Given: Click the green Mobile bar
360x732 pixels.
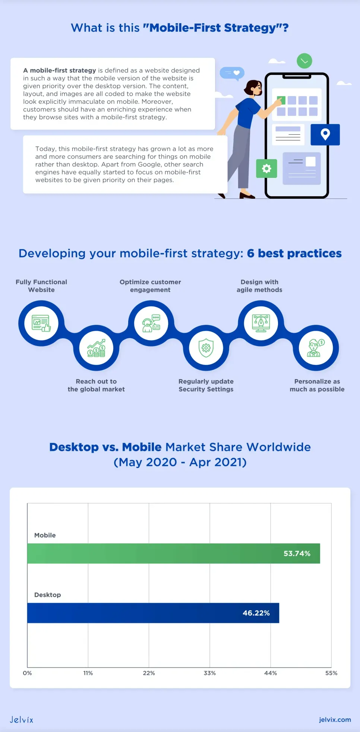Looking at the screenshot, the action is point(174,553).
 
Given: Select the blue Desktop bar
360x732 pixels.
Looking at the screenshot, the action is point(153,613).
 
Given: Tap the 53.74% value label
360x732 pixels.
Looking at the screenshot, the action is point(297,554).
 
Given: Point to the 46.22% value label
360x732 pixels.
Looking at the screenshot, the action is point(256,613).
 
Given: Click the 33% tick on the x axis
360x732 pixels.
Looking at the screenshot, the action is point(210,673).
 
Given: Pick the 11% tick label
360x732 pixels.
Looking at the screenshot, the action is point(88,673).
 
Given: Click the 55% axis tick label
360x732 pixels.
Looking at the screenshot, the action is point(331,673).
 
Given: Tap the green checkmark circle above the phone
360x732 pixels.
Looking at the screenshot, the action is point(304,61).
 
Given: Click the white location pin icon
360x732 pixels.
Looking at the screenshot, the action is point(325,134).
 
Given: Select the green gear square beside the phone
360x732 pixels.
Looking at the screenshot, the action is point(266,169).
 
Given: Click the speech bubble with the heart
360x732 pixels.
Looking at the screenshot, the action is point(232,73).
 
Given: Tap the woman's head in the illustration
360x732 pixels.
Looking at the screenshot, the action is point(253,88).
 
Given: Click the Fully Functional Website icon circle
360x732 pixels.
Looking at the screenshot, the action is point(41,323).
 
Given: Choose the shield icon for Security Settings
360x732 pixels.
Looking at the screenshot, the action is point(206,348).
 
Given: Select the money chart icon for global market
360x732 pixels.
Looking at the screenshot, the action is point(97,348).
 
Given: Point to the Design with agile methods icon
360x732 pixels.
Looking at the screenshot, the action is point(261,323).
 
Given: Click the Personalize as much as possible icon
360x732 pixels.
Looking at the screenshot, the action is point(316,348).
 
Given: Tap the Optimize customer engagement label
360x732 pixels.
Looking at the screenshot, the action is point(150,286).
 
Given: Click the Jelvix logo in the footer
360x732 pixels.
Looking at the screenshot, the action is point(22,720).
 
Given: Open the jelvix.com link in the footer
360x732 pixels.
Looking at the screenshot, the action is point(335,720).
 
